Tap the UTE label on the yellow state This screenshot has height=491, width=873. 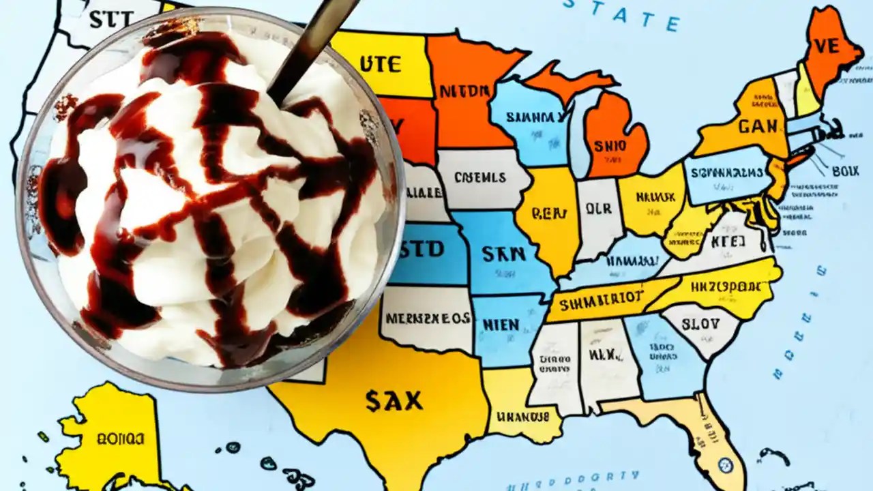(381, 65)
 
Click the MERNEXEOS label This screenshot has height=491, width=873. (427, 318)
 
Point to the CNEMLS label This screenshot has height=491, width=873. (480, 178)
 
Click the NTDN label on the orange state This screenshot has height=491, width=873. (464, 91)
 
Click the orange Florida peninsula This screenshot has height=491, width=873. (702, 436)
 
